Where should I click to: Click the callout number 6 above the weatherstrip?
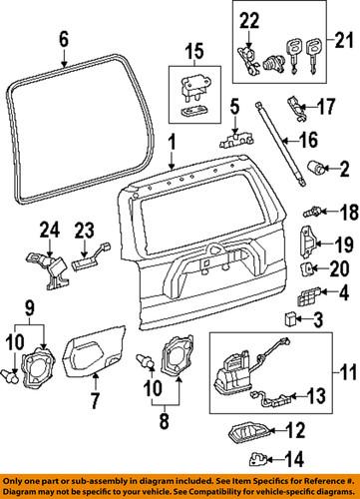tap(64, 41)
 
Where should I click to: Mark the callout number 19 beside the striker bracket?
tap(344, 244)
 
